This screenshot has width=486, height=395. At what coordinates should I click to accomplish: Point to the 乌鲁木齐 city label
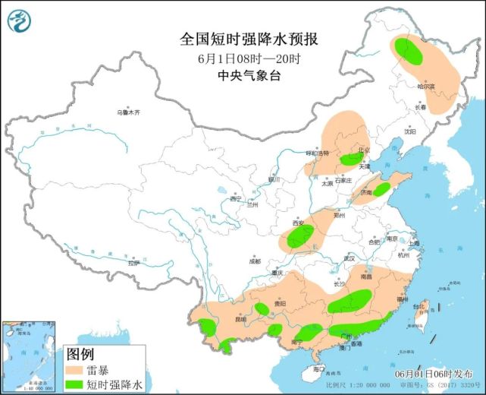tap(128, 112)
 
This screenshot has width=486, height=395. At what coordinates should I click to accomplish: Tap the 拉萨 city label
tap(133, 263)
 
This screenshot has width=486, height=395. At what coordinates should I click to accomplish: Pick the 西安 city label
tap(297, 223)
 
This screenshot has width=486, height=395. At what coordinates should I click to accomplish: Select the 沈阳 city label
tap(410, 131)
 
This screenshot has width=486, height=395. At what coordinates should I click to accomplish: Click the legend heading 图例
tap(80, 354)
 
